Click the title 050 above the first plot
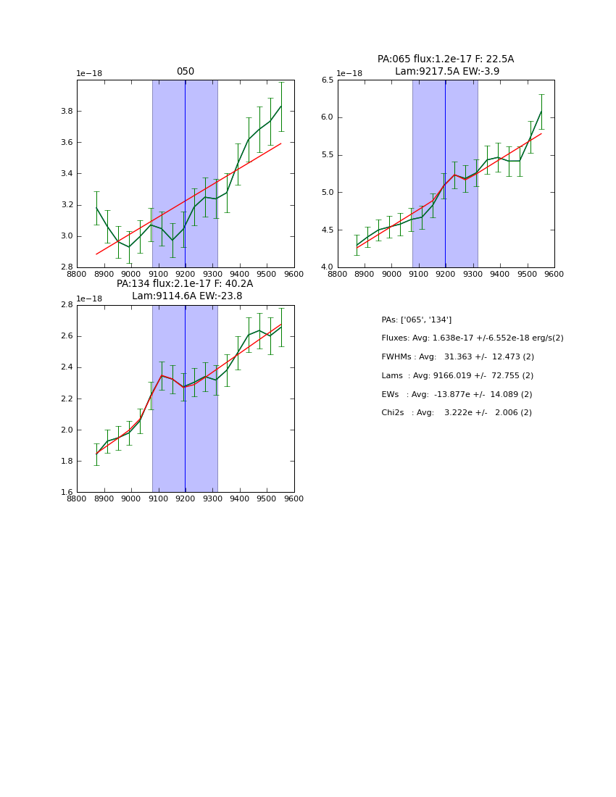(x=186, y=72)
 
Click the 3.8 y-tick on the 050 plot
(x=65, y=111)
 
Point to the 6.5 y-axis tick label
(x=327, y=80)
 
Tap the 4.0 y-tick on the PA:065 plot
(x=327, y=267)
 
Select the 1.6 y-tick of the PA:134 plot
(x=65, y=492)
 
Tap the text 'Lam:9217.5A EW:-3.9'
(x=446, y=71)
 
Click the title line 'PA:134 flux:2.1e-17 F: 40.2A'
(x=185, y=284)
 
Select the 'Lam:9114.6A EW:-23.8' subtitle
(x=187, y=296)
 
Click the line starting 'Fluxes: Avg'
(x=472, y=338)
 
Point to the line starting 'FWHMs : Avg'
(x=457, y=357)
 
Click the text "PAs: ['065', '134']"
(x=416, y=320)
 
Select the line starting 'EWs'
(x=457, y=394)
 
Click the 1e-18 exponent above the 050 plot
(x=89, y=74)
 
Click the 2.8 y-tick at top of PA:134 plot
(x=65, y=305)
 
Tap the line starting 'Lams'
(x=457, y=376)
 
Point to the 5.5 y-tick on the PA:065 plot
(x=327, y=155)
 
